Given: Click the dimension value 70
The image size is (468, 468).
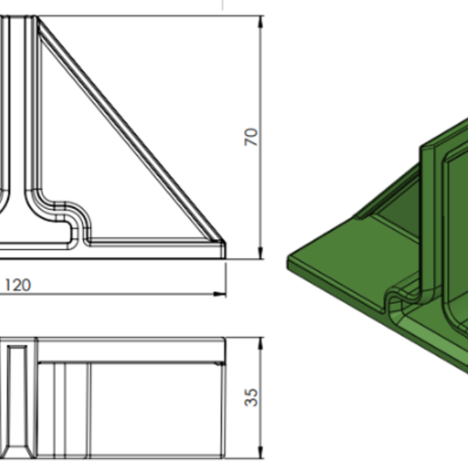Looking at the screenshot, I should tap(251, 137).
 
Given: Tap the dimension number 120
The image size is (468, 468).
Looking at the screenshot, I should tap(18, 285).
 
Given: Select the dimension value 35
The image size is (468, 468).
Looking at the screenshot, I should tap(251, 397).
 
